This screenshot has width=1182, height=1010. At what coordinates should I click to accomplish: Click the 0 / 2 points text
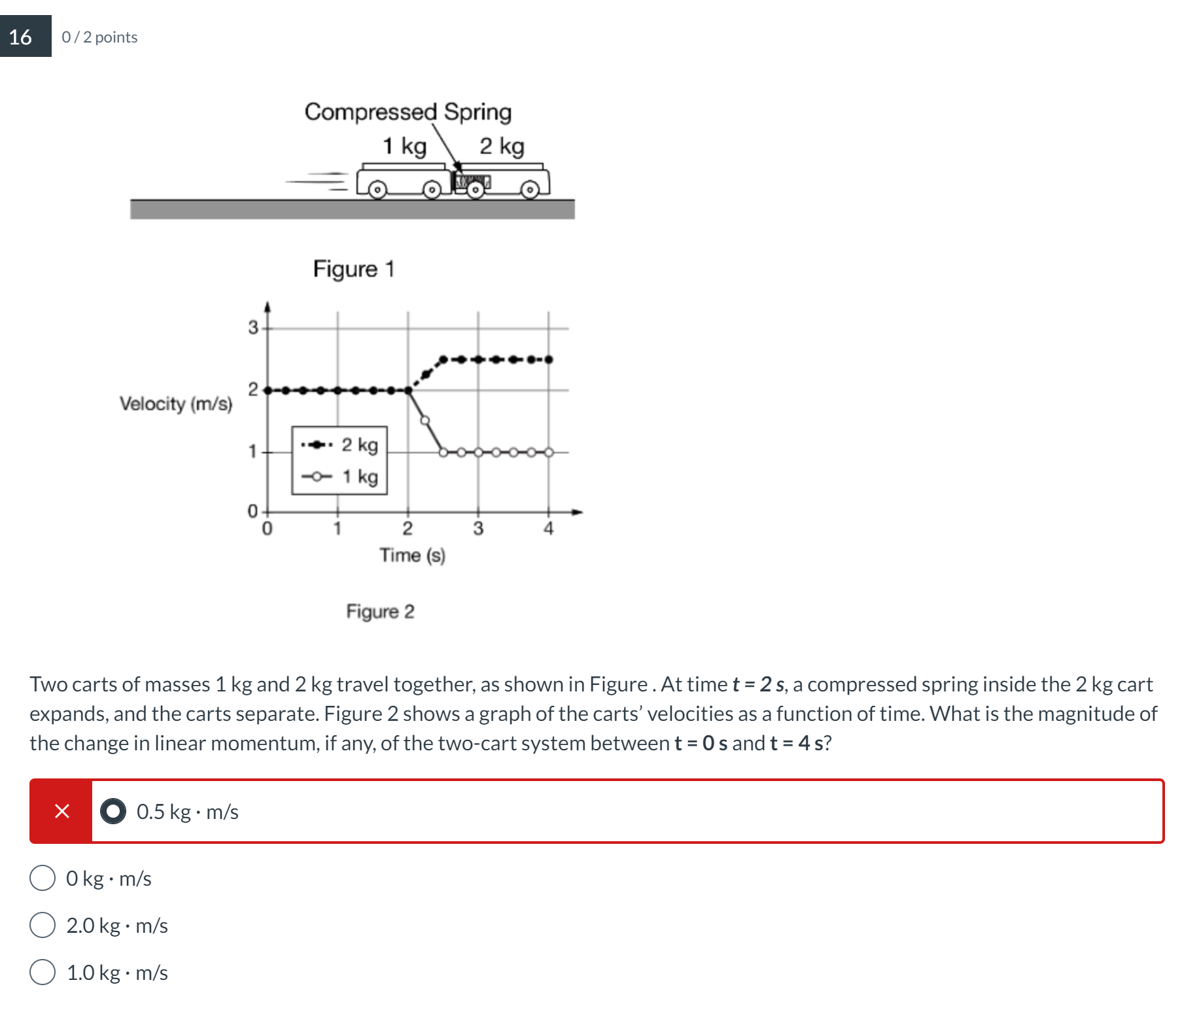pyautogui.click(x=99, y=37)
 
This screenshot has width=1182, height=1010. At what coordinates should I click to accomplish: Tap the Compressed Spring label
pyautogui.click(x=408, y=112)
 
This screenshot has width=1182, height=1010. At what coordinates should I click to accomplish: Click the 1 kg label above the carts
pyautogui.click(x=404, y=146)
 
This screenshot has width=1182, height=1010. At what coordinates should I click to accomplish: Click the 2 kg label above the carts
pyautogui.click(x=502, y=146)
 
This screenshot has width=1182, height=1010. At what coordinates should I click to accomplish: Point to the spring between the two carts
pyautogui.click(x=473, y=181)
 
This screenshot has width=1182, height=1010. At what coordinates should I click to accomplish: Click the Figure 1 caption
pyautogui.click(x=353, y=269)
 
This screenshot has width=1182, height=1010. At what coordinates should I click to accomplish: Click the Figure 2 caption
pyautogui.click(x=380, y=611)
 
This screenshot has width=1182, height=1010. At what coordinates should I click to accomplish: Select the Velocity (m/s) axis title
pyautogui.click(x=176, y=404)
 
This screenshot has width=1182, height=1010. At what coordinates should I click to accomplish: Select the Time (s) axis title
pyautogui.click(x=412, y=555)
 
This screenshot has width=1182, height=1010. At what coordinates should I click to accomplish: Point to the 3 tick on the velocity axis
pyautogui.click(x=253, y=328)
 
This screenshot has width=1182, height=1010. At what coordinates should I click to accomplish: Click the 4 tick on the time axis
pyautogui.click(x=548, y=529)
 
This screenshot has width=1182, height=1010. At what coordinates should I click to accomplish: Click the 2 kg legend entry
pyautogui.click(x=340, y=445)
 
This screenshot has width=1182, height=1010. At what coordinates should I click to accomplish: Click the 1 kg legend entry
pyautogui.click(x=340, y=476)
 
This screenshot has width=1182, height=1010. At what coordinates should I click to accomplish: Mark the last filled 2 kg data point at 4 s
pyautogui.click(x=549, y=360)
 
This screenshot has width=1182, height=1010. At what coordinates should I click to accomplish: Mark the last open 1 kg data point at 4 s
pyautogui.click(x=549, y=452)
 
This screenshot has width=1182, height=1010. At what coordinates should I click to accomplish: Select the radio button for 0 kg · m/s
pyautogui.click(x=43, y=878)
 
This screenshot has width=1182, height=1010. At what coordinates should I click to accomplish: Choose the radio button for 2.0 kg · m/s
pyautogui.click(x=43, y=925)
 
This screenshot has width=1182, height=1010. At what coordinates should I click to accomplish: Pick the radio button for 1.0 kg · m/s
pyautogui.click(x=43, y=972)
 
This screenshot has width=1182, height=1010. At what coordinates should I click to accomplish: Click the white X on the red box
pyautogui.click(x=61, y=811)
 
